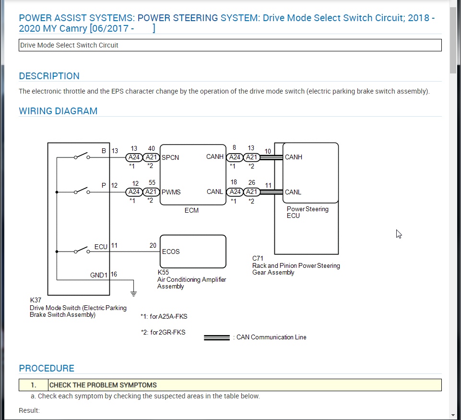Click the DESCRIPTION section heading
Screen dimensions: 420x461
pyautogui.click(x=49, y=76)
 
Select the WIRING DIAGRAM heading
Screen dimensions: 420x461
pyautogui.click(x=58, y=111)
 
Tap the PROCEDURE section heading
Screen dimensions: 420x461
pyautogui.click(x=47, y=368)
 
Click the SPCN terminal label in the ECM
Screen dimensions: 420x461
pyautogui.click(x=170, y=157)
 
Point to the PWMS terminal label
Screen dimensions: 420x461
pyautogui.click(x=171, y=192)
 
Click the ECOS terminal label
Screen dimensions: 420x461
pyautogui.click(x=171, y=252)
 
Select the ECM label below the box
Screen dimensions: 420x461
pyautogui.click(x=191, y=210)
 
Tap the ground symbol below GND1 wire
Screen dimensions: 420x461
pyautogui.click(x=134, y=292)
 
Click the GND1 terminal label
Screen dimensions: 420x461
pyautogui.click(x=99, y=275)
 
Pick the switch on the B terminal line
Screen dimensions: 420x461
pyautogui.click(x=82, y=156)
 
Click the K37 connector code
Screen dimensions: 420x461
pyautogui.click(x=35, y=300)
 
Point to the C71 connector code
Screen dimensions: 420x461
pyautogui.click(x=258, y=259)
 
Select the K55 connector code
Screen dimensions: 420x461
pyautogui.click(x=163, y=273)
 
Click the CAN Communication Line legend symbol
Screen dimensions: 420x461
pyautogui.click(x=217, y=337)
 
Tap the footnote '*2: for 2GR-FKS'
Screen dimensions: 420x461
pyautogui.click(x=163, y=332)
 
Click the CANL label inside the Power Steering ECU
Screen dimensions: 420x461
pyautogui.click(x=293, y=192)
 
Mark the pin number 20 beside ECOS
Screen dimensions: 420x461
pyautogui.click(x=153, y=245)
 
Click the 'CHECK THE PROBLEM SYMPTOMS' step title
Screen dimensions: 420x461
pyautogui.click(x=103, y=385)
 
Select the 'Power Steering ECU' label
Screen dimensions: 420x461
pyautogui.click(x=307, y=212)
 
